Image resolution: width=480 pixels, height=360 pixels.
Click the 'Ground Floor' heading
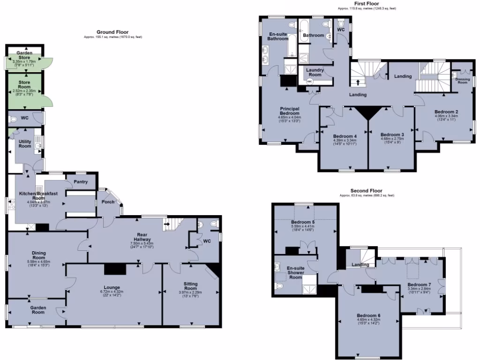click(x=112, y=32)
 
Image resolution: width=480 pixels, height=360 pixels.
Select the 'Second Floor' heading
click(x=367, y=191)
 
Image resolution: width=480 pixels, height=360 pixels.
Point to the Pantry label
click(x=81, y=181)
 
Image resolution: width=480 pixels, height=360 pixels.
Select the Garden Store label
click(x=24, y=55)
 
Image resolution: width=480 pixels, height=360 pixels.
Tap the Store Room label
click(x=24, y=84)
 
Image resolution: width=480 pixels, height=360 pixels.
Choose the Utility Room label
click(x=24, y=144)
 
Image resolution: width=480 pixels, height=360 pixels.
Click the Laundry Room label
click(x=315, y=72)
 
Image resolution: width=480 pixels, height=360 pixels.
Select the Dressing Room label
click(x=462, y=81)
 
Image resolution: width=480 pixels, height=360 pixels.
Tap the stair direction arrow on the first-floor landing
click(x=359, y=82)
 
